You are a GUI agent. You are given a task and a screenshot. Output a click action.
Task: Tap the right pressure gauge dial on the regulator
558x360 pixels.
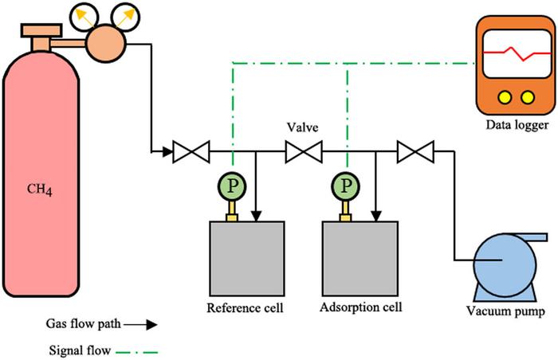click(122, 14)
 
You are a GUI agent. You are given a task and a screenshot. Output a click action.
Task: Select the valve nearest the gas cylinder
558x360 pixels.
click(191, 149)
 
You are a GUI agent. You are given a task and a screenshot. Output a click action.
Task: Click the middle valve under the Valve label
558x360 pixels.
click(303, 149)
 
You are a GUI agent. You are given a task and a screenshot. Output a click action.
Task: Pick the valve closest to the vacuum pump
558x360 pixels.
click(415, 149)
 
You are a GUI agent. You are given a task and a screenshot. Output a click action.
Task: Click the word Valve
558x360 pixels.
click(303, 127)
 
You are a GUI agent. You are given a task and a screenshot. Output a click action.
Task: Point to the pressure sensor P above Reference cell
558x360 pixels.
click(232, 186)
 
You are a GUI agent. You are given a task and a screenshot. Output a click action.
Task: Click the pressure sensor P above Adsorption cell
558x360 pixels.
click(346, 186)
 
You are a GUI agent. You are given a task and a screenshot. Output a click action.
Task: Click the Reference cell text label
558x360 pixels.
click(245, 307)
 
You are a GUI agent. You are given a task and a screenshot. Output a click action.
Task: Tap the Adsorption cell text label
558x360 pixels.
click(360, 307)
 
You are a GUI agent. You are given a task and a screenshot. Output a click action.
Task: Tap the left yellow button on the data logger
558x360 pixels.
click(504, 96)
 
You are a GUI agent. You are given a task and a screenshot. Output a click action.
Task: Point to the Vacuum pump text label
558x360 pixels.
click(507, 312)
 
